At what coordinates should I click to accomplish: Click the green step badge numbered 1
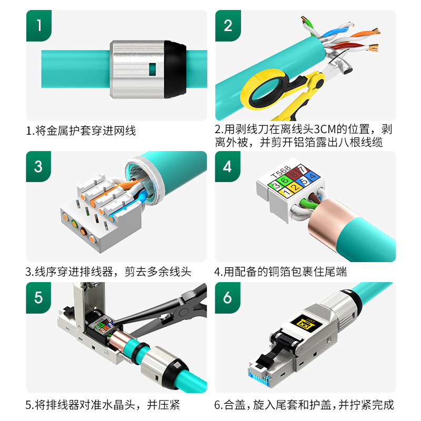pos(39,25)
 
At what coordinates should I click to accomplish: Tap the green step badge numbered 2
pos(228,25)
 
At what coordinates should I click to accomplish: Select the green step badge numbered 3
pos(38,166)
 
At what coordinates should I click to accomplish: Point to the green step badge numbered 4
pos(227,166)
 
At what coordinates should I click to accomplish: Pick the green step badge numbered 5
pos(38,298)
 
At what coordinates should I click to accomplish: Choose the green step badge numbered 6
pos(227,298)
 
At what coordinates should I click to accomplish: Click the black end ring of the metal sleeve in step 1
pos(175,69)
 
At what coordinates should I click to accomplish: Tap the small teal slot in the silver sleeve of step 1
pos(152,69)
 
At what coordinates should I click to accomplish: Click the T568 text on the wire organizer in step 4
pos(281,172)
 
